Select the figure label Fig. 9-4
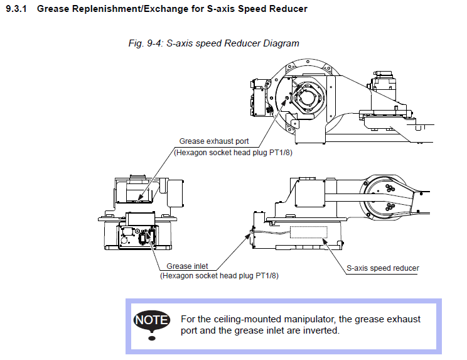click(x=145, y=43)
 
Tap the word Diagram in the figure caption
click(x=281, y=43)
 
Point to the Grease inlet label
click(x=187, y=266)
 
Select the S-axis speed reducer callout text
click(x=383, y=268)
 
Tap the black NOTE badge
click(x=151, y=320)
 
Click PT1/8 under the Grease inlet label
click(x=266, y=275)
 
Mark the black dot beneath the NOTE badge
click(x=151, y=339)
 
